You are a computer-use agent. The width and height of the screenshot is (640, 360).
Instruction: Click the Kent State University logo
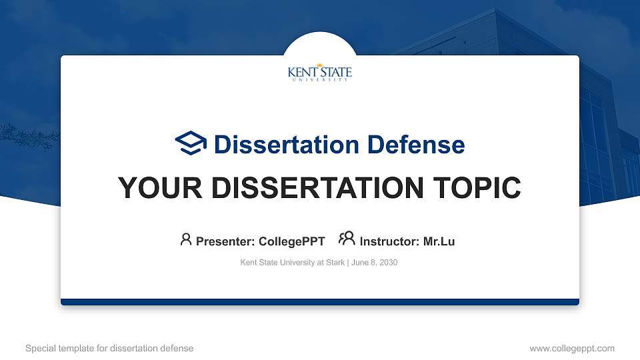pos(319,73)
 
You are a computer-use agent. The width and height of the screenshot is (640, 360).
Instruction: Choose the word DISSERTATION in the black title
pos(313,188)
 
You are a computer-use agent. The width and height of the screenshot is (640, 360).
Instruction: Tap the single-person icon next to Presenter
pos(186,239)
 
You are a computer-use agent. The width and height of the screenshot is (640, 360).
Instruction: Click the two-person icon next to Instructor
pos(346,239)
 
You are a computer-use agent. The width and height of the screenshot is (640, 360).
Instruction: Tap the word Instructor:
pos(389,241)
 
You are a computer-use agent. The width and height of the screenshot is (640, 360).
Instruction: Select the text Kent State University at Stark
pos(291,263)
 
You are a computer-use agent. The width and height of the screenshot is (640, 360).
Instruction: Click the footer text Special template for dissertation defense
pos(109,348)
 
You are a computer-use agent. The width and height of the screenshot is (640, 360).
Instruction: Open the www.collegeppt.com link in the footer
pos(572,348)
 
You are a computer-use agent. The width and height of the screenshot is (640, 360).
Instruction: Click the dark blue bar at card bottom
pos(319,302)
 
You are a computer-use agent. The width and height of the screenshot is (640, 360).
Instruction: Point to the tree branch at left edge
pos(23,137)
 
